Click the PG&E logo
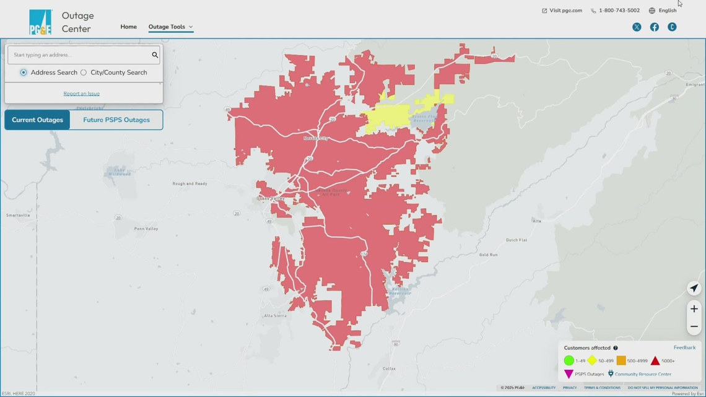40,22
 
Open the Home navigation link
128,27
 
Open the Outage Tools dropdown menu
170,27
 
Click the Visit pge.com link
562,11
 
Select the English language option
663,11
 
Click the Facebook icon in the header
654,27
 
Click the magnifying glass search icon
155,55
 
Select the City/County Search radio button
84,72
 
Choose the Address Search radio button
24,72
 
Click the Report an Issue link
81,94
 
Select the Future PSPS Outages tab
116,120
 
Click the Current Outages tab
37,120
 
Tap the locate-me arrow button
694,289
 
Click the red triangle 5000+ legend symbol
655,360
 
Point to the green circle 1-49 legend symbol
569,360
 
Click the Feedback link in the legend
684,347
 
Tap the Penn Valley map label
146,229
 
